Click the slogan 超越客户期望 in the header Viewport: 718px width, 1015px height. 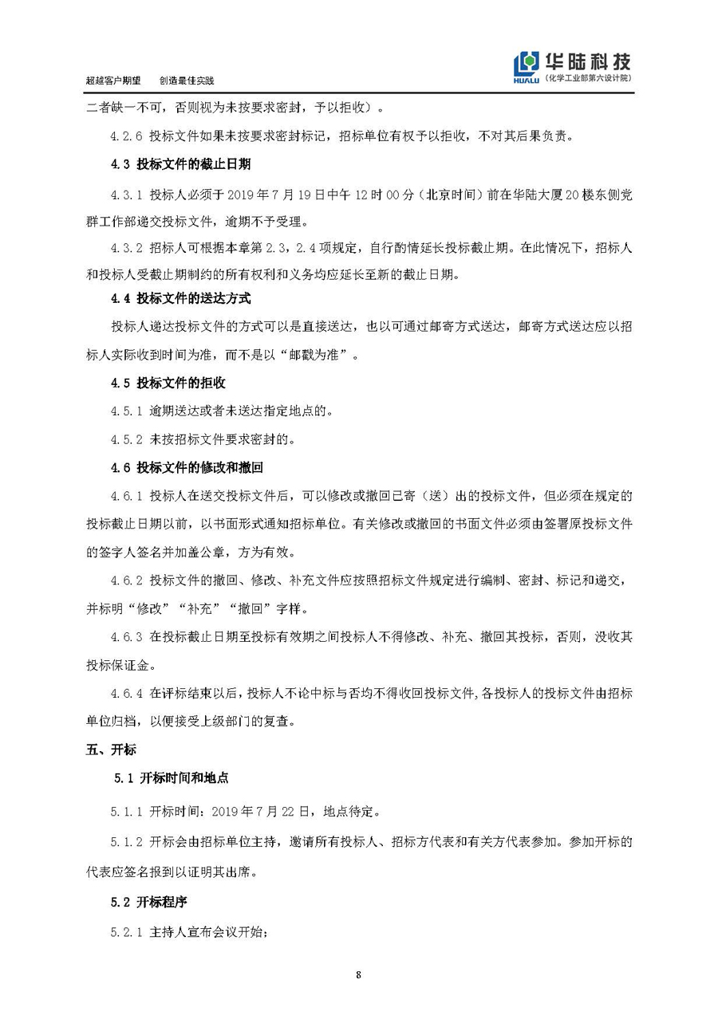point(113,81)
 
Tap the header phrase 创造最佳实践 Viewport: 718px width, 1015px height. point(187,81)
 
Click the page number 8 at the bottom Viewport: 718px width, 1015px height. point(359,974)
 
